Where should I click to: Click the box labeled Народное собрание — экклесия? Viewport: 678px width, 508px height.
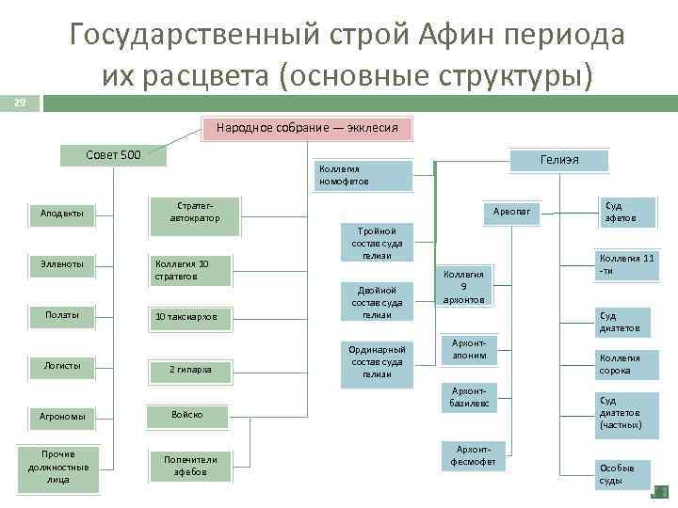[x=307, y=128]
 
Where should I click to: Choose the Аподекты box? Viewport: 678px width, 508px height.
[x=61, y=214]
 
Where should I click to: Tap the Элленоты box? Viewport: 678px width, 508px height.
[x=61, y=265]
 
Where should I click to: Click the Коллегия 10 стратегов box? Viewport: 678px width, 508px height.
[x=192, y=270]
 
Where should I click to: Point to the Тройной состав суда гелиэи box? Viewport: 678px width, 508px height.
[x=377, y=243]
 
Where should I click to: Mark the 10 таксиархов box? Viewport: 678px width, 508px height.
[x=192, y=317]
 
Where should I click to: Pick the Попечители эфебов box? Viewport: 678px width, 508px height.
[x=190, y=466]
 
